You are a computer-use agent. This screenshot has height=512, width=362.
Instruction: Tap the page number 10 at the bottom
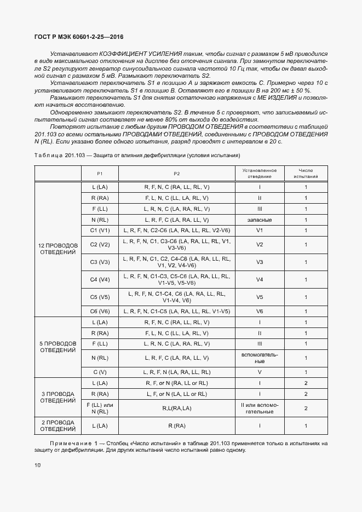coord(37,465)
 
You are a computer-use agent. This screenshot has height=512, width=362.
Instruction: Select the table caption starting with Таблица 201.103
coord(137,156)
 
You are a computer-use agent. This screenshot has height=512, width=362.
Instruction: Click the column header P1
coord(100,174)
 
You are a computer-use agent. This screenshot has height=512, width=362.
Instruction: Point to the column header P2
coord(177,174)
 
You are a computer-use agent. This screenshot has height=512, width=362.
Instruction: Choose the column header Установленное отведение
coord(260,174)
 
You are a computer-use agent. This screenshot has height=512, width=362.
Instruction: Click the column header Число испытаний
coord(306,174)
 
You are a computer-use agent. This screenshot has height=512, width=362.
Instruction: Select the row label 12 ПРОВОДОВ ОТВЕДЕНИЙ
coord(58,249)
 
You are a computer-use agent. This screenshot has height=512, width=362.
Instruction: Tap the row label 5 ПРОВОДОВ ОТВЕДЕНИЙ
coord(58,347)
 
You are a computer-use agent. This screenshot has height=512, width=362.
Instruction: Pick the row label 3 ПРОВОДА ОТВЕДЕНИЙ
coord(58,396)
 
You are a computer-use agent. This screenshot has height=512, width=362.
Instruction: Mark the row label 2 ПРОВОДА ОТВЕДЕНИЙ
coord(58,425)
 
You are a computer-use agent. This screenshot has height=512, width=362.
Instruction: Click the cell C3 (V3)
coord(100,262)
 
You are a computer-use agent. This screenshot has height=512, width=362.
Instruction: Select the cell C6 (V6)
coord(100,310)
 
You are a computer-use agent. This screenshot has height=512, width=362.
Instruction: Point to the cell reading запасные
coord(260,219)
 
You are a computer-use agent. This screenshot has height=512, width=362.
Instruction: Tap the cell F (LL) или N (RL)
coord(100,408)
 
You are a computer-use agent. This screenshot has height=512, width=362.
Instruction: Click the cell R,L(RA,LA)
coord(177,408)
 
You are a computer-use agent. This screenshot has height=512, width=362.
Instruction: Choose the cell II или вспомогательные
coord(260,408)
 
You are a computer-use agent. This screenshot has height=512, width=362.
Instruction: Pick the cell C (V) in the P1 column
coord(100,372)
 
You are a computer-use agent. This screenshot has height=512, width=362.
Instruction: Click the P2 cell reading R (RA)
coord(177,425)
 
